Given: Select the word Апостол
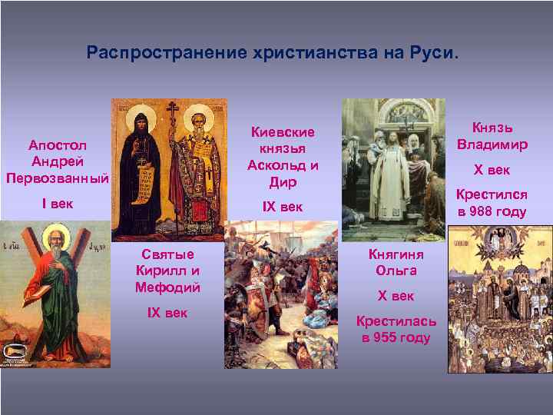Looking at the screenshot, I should (x=58, y=145).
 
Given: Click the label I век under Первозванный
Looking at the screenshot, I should (x=57, y=204).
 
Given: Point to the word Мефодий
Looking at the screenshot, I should (x=167, y=287).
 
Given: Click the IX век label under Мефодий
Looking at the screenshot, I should (x=167, y=313).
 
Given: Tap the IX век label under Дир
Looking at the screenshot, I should (x=283, y=207).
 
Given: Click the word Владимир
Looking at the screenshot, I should (x=492, y=144).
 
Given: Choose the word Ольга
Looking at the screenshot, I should (x=396, y=270).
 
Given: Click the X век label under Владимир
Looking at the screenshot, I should (x=492, y=171).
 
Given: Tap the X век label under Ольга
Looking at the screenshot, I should (x=396, y=296).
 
